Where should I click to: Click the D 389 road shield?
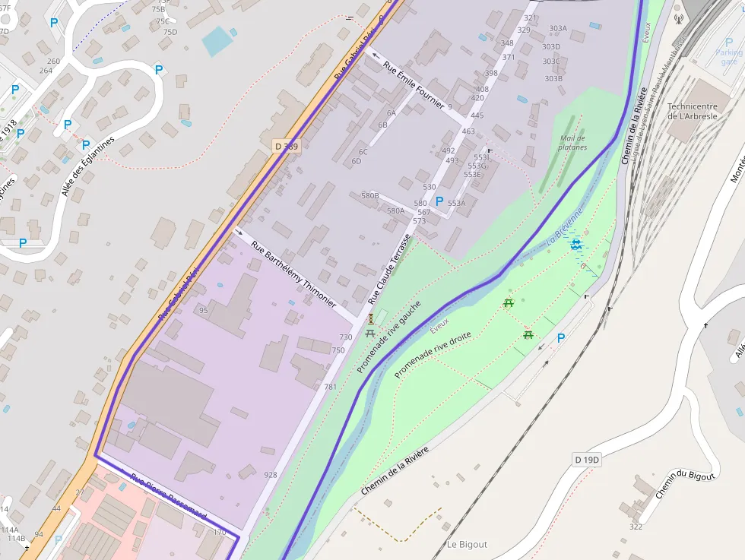285,145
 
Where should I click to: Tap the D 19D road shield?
586,460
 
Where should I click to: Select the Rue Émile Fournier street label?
413,85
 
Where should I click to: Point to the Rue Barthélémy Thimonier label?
293,274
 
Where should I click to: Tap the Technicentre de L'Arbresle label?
693,111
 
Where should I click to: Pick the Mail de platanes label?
572,142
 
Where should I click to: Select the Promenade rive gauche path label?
388,337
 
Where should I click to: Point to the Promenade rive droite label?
433,354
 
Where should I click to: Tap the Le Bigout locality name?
467,544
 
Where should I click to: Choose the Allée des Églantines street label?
88,166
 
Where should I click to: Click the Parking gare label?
729,57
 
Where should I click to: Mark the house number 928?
271,475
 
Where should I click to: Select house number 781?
330,387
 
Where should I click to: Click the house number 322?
636,527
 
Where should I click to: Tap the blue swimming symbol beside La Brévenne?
576,244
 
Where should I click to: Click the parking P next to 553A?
439,201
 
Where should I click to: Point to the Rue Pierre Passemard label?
169,498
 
